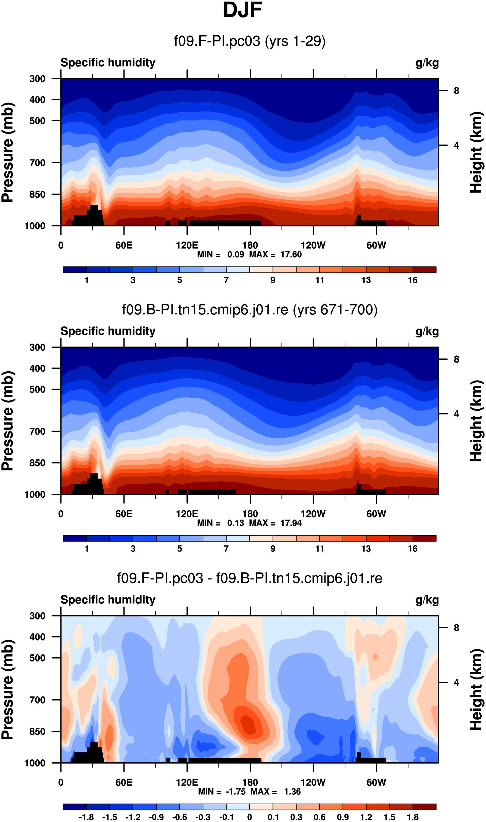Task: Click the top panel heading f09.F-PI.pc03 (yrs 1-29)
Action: pos(250,41)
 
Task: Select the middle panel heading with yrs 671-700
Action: pos(250,310)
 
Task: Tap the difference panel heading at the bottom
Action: pos(250,578)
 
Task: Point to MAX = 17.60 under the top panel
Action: pos(275,254)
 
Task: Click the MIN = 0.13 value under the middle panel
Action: pos(220,523)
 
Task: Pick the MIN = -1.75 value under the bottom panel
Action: pos(222,792)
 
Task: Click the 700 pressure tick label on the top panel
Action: pos(37,163)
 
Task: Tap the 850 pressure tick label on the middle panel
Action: pos(37,463)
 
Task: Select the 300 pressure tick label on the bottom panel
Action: pos(37,616)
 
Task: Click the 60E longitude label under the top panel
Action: pos(124,245)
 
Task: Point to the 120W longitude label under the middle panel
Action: pos(313,514)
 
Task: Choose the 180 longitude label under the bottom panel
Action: pos(250,782)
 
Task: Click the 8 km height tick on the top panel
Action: pos(456,91)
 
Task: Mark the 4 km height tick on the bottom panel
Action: pos(456,682)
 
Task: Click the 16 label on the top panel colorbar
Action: pos(413,280)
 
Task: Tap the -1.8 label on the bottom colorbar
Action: pos(86,817)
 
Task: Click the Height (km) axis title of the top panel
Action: pos(477,152)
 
